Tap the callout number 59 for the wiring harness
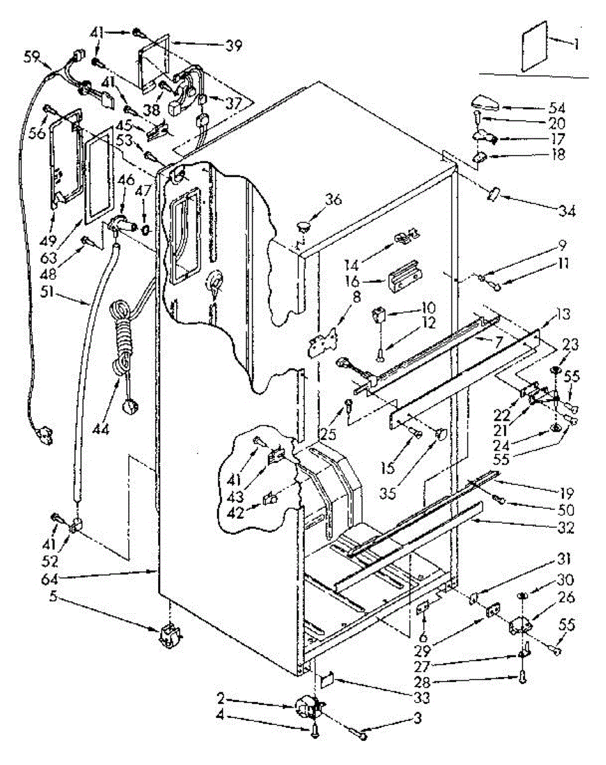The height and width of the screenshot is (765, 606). click(32, 56)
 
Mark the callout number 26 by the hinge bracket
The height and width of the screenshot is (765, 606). click(566, 597)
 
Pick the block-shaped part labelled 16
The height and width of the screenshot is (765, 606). click(403, 273)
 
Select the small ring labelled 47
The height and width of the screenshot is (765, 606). click(145, 228)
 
